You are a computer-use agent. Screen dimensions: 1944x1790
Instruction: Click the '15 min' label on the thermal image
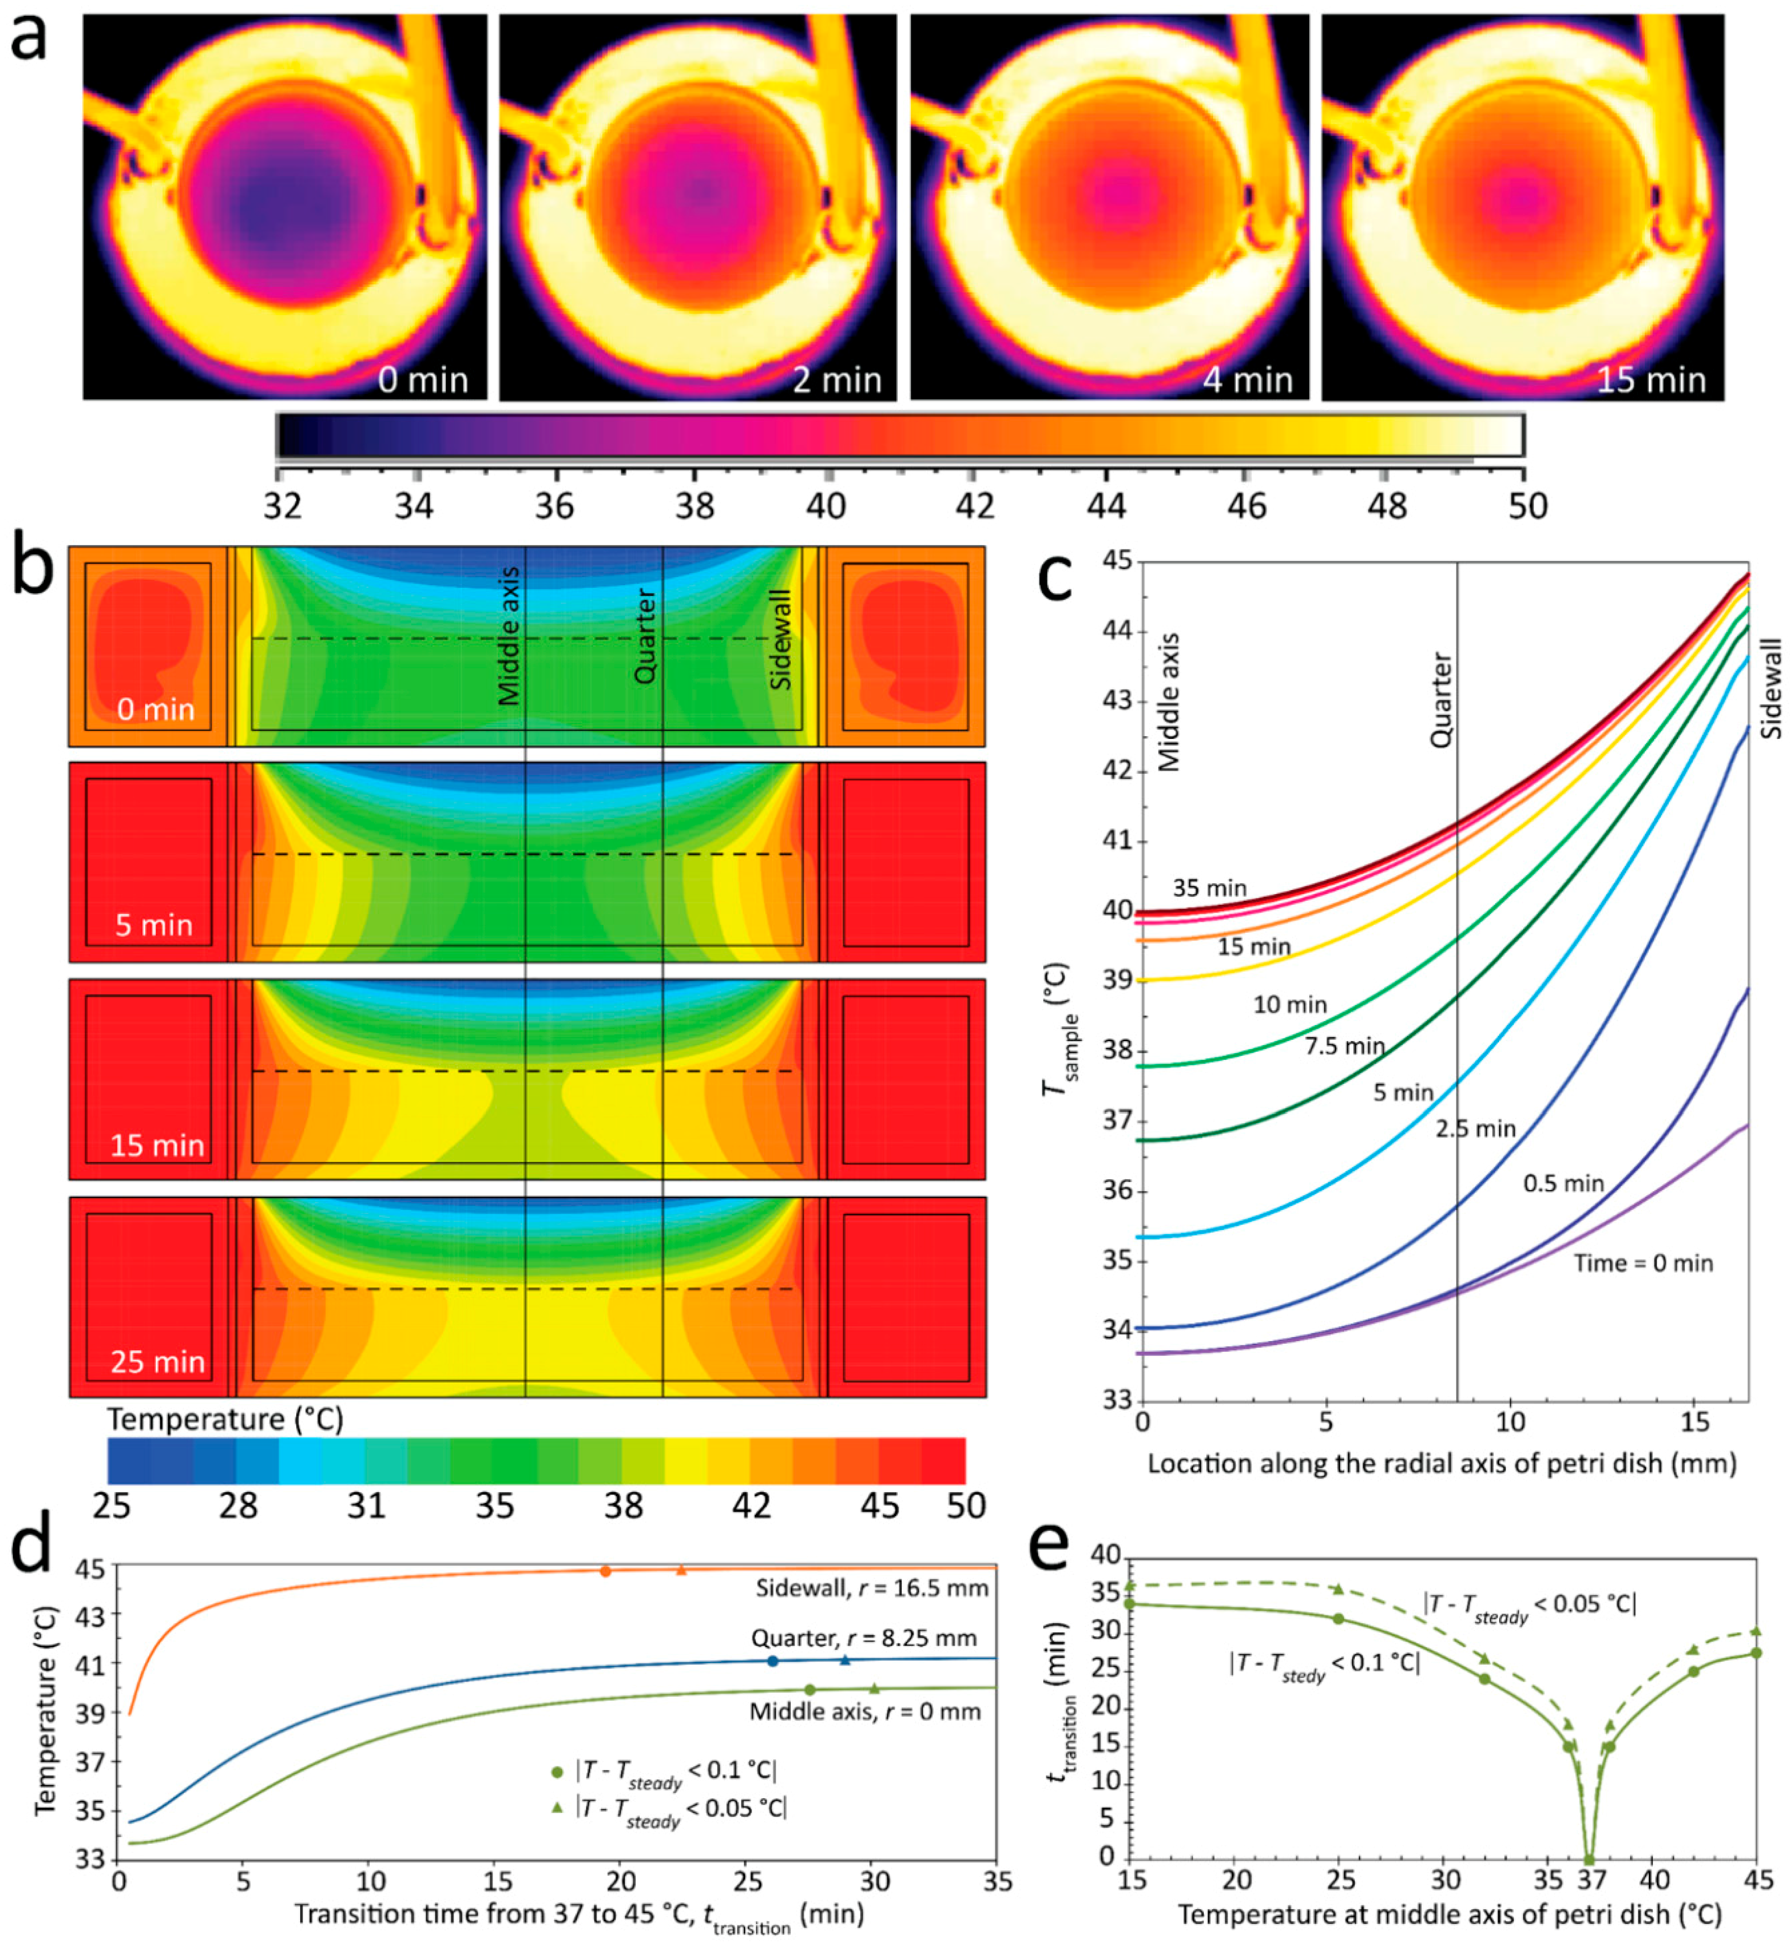pos(1651,380)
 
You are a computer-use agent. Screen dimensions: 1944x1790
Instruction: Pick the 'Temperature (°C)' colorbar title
pos(225,1419)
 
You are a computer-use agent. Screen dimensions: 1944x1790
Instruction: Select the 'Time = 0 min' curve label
pos(1643,1263)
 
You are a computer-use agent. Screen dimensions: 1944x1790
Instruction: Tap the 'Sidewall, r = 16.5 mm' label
pos(872,1589)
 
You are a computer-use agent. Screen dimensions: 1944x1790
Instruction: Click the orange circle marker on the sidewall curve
pos(605,1571)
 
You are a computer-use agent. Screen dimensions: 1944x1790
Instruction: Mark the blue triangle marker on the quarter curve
pos(845,1660)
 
